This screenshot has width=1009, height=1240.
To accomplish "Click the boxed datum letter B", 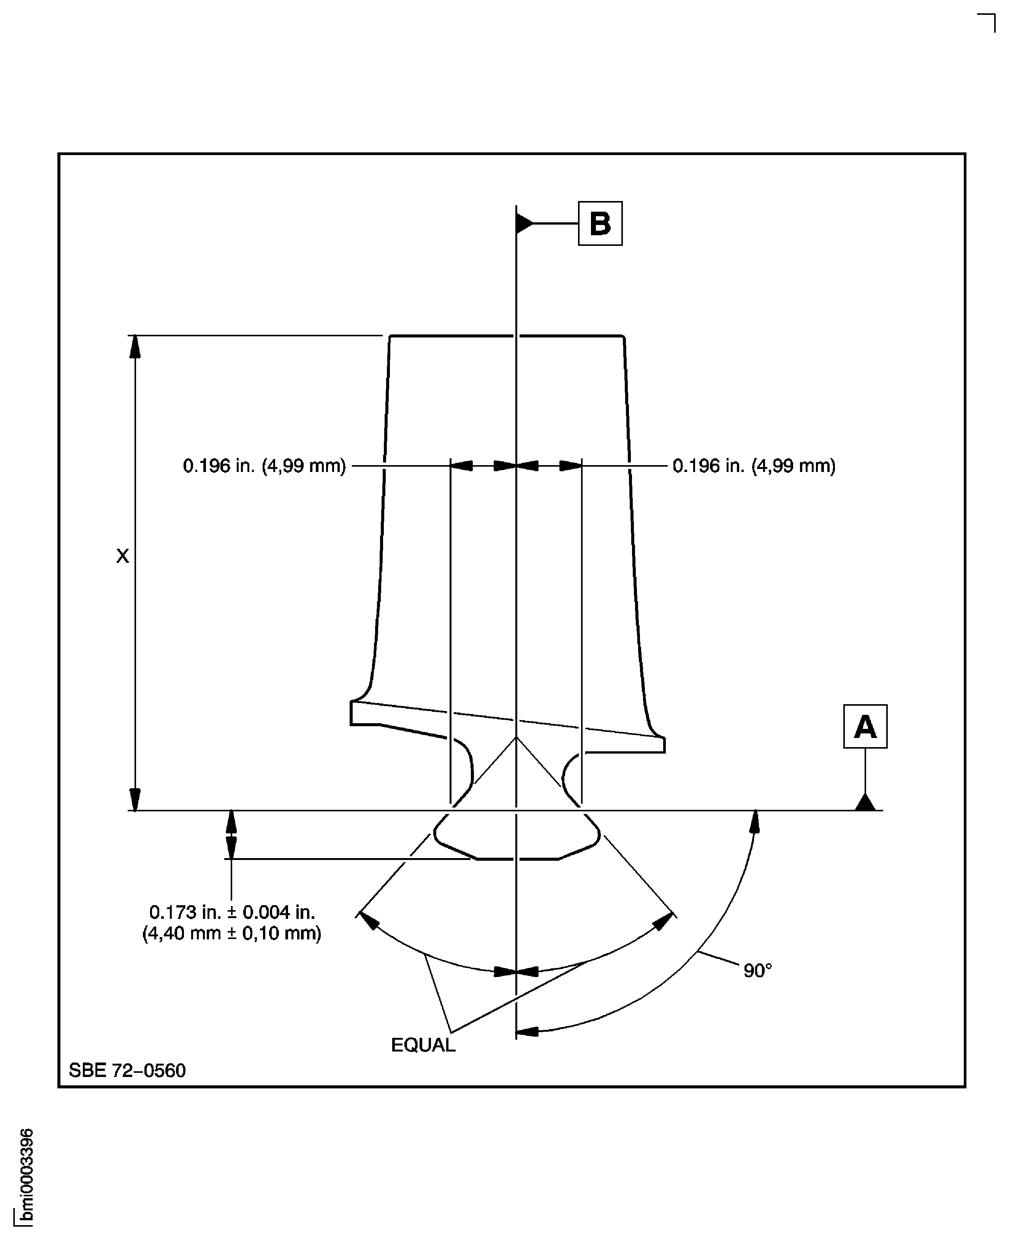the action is pyautogui.click(x=600, y=224).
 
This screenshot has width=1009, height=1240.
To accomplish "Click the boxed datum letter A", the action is pyautogui.click(x=865, y=726).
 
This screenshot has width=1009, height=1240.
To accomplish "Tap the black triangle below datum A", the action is pyautogui.click(x=865, y=803).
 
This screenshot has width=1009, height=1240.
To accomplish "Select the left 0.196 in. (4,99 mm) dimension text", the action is pyautogui.click(x=265, y=466).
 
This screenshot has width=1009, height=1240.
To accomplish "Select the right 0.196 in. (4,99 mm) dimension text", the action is pyautogui.click(x=754, y=466).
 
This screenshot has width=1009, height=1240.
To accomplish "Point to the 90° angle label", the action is pyautogui.click(x=758, y=971).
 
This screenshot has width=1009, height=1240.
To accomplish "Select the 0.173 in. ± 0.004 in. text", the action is pyautogui.click(x=232, y=912).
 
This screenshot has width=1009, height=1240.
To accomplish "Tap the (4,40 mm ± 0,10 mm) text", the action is pyautogui.click(x=232, y=934).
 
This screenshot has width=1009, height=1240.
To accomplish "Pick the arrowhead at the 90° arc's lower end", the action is pyautogui.click(x=527, y=1031).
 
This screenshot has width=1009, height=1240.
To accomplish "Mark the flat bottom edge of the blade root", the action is pyautogui.click(x=517, y=859).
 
